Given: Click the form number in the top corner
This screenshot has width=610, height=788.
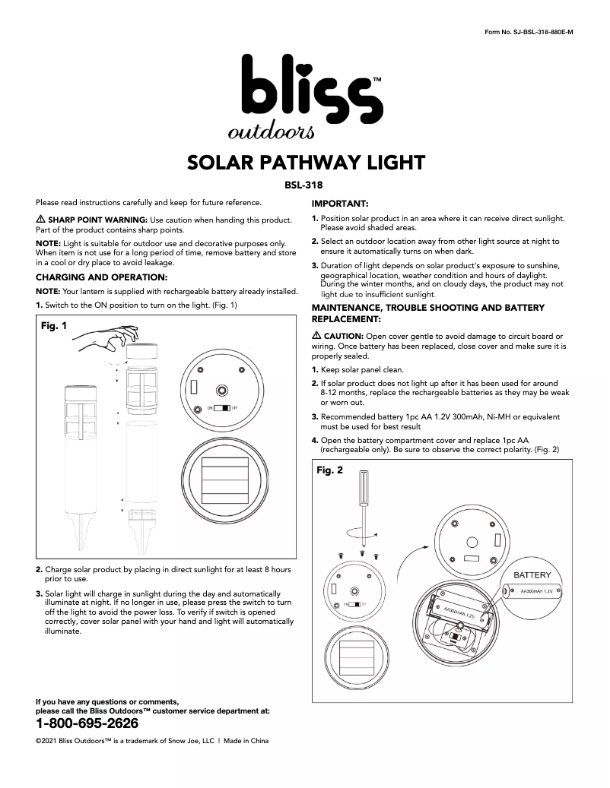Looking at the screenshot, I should click(528, 30).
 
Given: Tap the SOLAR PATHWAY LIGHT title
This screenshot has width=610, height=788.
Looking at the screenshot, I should click(305, 163).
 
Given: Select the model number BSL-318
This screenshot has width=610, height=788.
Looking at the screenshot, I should click(304, 184).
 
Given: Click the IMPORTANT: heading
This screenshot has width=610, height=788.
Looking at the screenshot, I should click(340, 204).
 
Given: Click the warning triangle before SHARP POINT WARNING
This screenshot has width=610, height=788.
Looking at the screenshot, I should click(41, 220).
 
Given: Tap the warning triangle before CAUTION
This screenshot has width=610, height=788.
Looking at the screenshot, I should click(317, 336).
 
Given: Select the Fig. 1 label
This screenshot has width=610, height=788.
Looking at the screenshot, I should click(54, 325).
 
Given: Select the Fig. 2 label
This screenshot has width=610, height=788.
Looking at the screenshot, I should click(329, 470).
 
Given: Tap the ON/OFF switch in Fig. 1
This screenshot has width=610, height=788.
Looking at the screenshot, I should click(222, 408).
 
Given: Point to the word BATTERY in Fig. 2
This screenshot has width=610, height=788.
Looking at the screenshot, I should click(532, 575).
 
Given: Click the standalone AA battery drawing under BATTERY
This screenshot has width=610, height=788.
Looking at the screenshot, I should click(533, 590).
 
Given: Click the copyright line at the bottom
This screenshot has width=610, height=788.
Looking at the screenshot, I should click(152, 740).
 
